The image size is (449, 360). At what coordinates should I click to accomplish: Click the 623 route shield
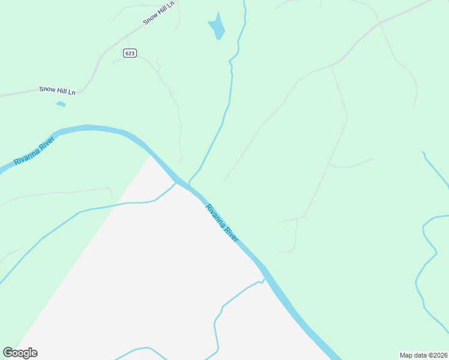pos(130,53)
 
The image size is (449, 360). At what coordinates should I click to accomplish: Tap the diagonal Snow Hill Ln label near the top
pos(158,13)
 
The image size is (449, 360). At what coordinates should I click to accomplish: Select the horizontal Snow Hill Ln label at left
pos(58,90)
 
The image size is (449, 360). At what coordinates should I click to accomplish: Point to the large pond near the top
pos(217,27)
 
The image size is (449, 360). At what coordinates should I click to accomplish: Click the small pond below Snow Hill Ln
pos(61,104)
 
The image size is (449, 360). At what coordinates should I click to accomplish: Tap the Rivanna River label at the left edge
pos(35,152)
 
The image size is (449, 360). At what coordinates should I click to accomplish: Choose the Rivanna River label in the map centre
pos(222,223)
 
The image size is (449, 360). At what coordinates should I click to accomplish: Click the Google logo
pos(20,353)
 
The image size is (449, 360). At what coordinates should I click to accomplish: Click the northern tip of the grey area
pos(150,155)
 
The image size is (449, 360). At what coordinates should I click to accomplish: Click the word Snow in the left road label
pos(47,89)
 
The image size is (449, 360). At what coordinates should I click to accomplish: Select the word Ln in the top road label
pos(170,5)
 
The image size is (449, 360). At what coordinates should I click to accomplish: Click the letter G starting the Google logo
pos(8,353)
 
